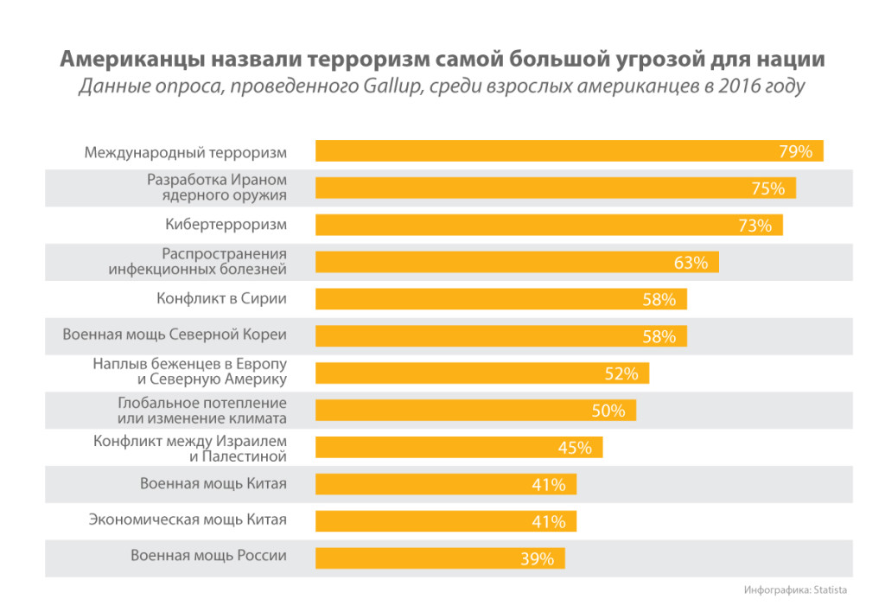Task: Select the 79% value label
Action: pyautogui.click(x=795, y=151)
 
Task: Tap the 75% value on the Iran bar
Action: pyautogui.click(x=767, y=188)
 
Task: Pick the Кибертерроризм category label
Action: pyautogui.click(x=226, y=225)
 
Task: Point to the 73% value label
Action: pyautogui.click(x=754, y=226)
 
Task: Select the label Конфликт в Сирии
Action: pyautogui.click(x=221, y=299)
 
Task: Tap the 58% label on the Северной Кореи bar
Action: pyautogui.click(x=659, y=336)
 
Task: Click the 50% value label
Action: pyautogui.click(x=608, y=411)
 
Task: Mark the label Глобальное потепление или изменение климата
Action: pyautogui.click(x=201, y=411)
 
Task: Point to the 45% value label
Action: pyautogui.click(x=575, y=448)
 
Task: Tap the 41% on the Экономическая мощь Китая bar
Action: pyautogui.click(x=549, y=521)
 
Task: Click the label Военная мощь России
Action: pyautogui.click(x=208, y=556)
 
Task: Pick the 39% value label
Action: pyautogui.click(x=537, y=558)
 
